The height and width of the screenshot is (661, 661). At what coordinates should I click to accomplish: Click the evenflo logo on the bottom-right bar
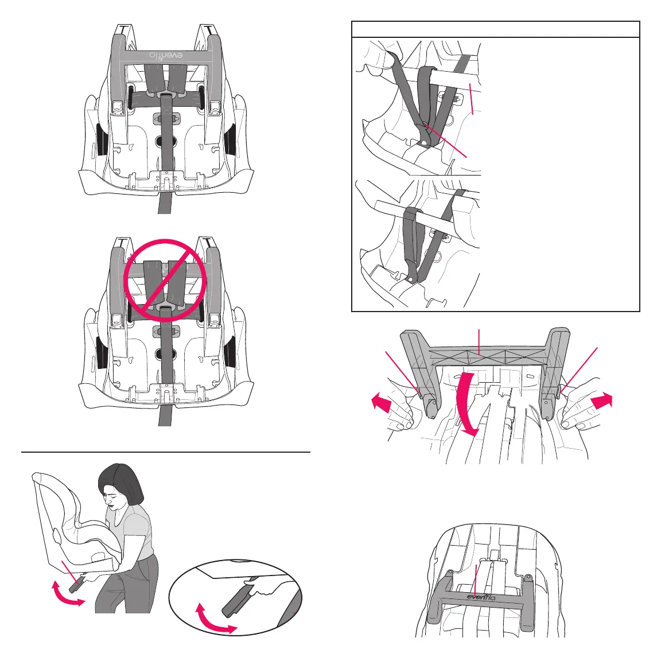point(480,596)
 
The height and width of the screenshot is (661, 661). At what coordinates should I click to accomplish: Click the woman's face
point(116,498)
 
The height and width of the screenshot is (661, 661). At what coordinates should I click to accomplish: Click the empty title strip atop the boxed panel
point(495,29)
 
